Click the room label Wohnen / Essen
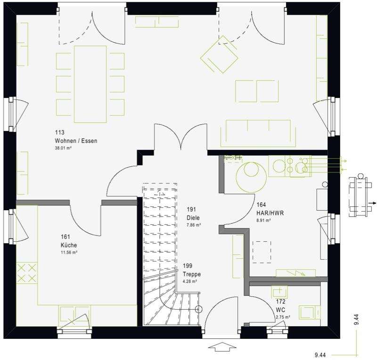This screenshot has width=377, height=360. pyautogui.click(x=76, y=141)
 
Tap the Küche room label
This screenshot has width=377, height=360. pyautogui.click(x=68, y=245)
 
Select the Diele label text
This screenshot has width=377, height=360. pyautogui.click(x=193, y=218)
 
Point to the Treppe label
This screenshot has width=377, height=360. pyautogui.click(x=192, y=274)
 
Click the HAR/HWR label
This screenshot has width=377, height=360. pyautogui.click(x=270, y=213)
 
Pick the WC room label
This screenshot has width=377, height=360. pyautogui.click(x=281, y=310)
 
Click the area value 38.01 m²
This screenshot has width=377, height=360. pyautogui.click(x=64, y=148)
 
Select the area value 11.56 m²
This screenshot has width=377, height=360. pyautogui.click(x=69, y=253)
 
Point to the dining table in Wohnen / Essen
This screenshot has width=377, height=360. pyautogui.click(x=90, y=84)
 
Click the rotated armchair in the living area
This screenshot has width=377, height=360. pyautogui.click(x=219, y=55)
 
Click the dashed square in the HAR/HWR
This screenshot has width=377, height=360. pyautogui.click(x=262, y=251)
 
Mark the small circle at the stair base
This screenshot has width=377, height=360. pyautogui.click(x=198, y=310)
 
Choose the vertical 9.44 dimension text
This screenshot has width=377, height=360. pyautogui.click(x=357, y=320)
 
